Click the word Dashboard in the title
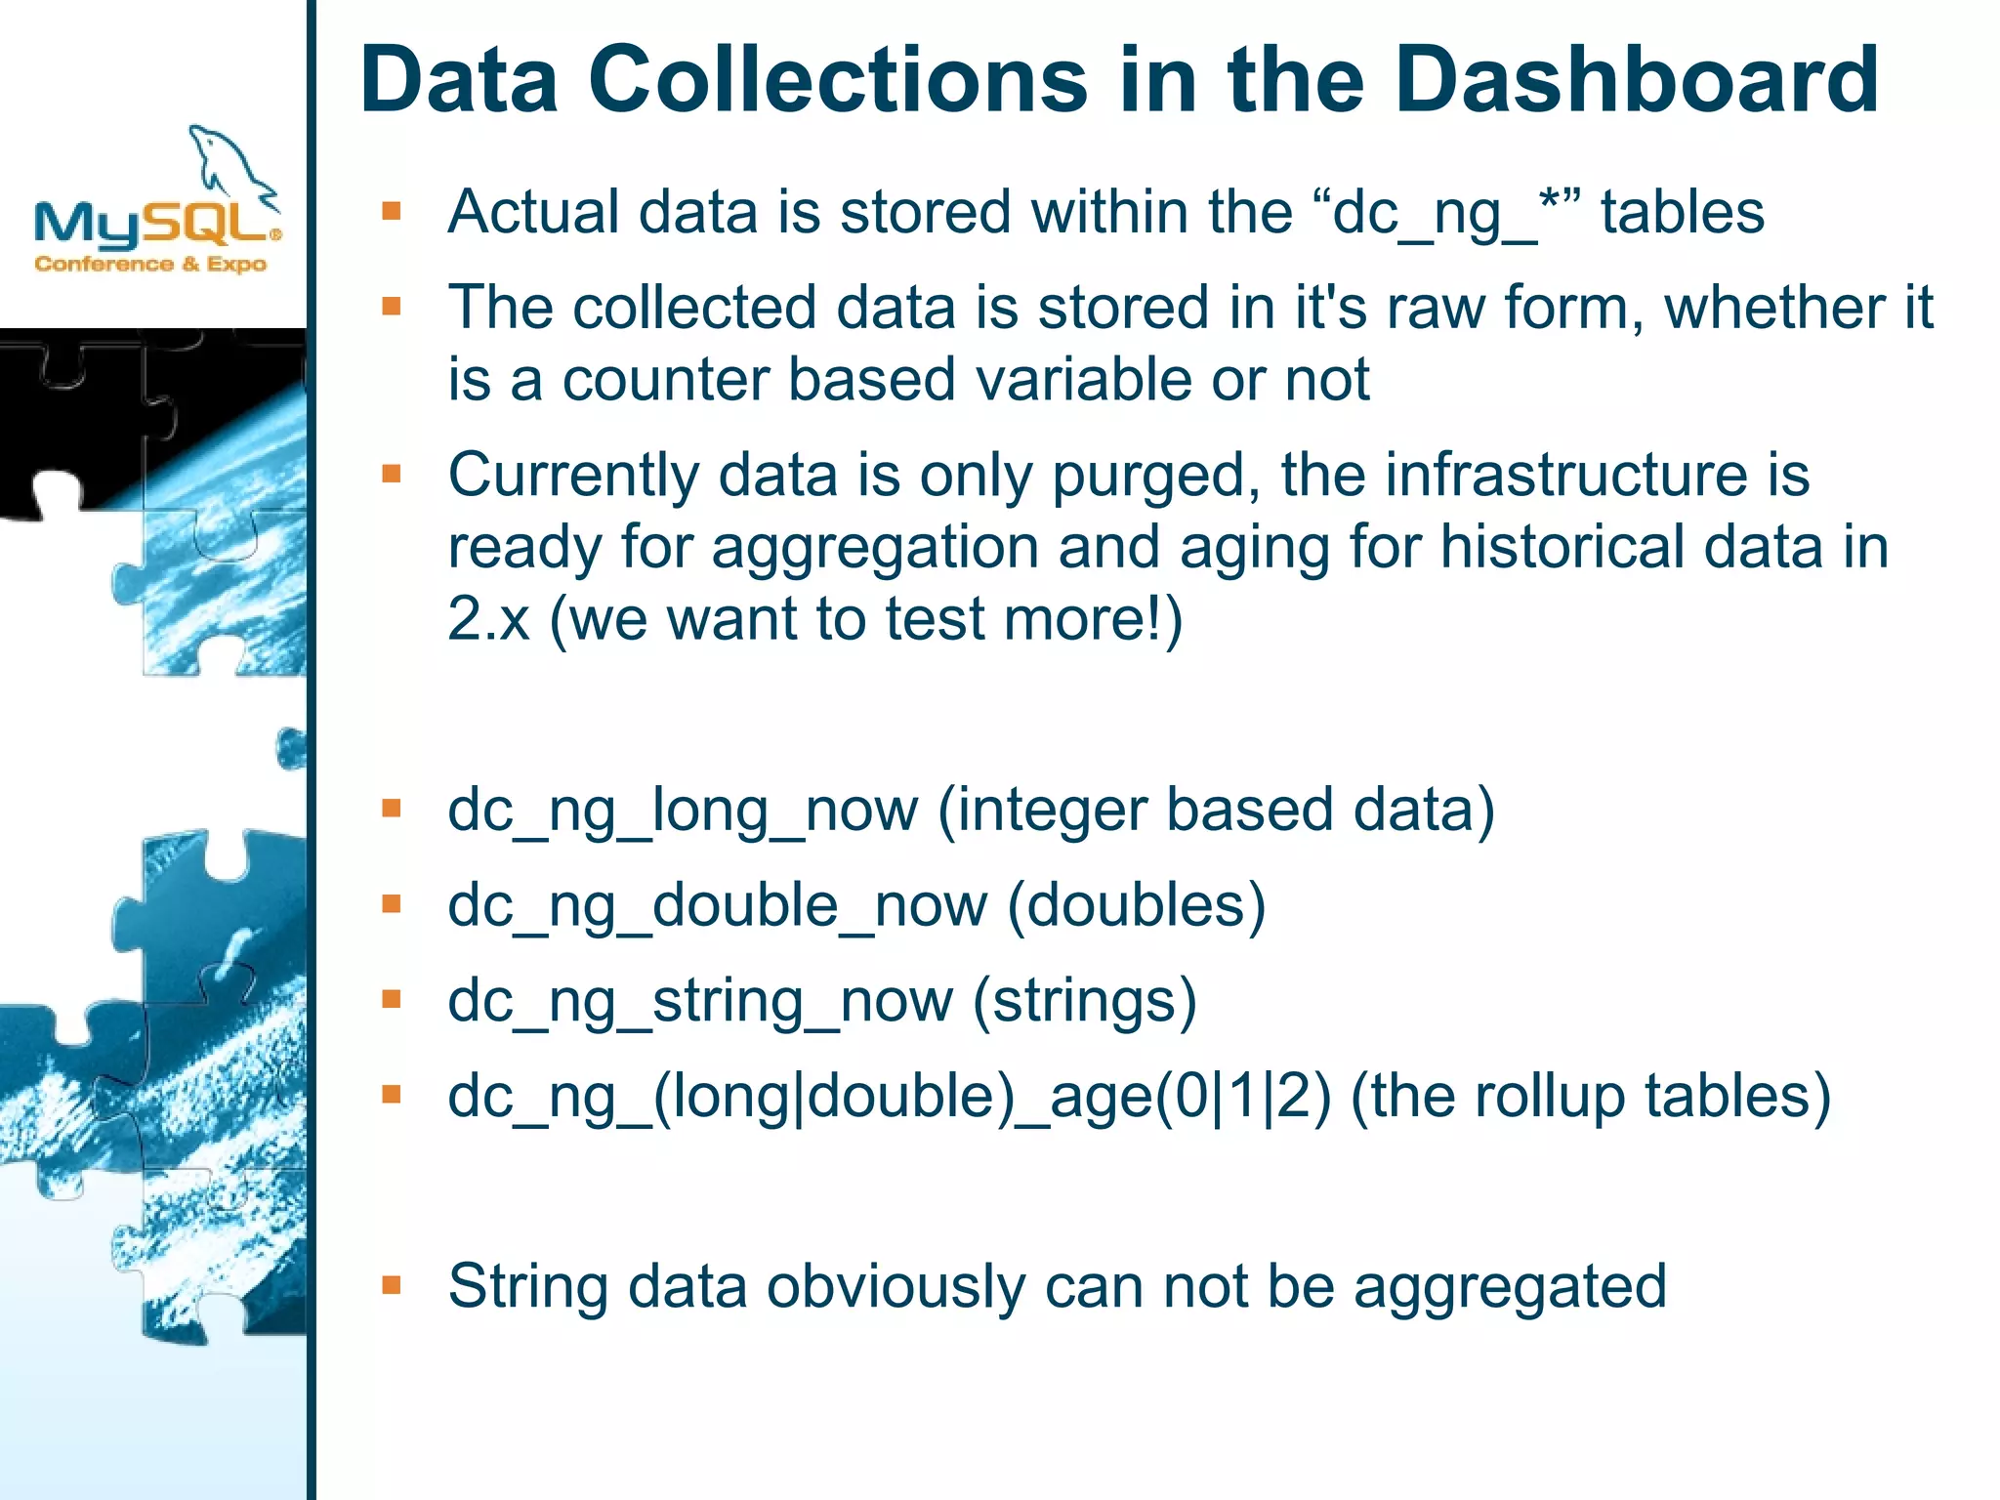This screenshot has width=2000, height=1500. point(1636,80)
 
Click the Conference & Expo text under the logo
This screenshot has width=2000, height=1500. point(150,264)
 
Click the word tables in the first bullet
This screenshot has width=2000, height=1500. point(1682,213)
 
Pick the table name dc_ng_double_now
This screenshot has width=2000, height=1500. point(717,906)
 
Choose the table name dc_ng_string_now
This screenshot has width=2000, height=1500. point(700,1002)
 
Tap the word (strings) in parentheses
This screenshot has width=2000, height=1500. point(1084,1002)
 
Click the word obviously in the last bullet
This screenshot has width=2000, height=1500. point(896,1287)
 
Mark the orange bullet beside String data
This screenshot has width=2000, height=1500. point(392,1284)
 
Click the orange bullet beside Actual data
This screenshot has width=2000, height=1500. point(392,211)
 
